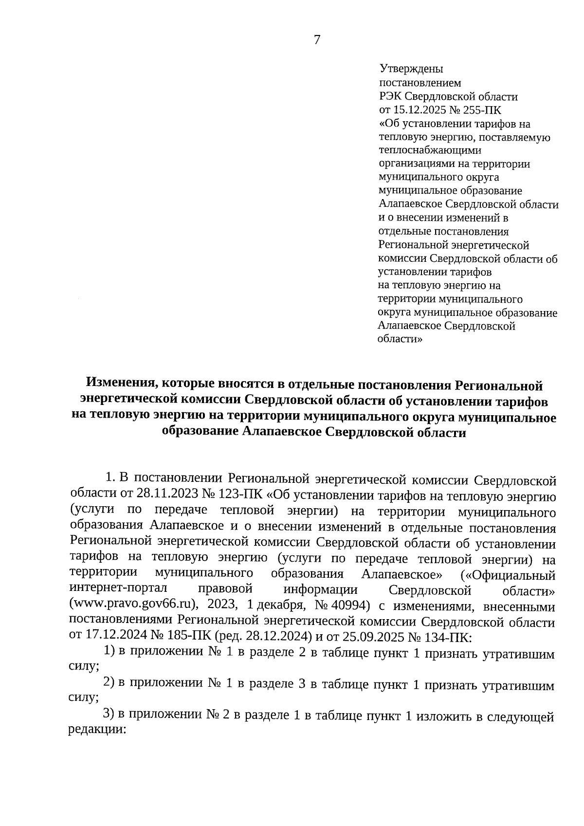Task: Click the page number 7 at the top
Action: pos(317,40)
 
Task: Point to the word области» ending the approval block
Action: pos(400,339)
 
